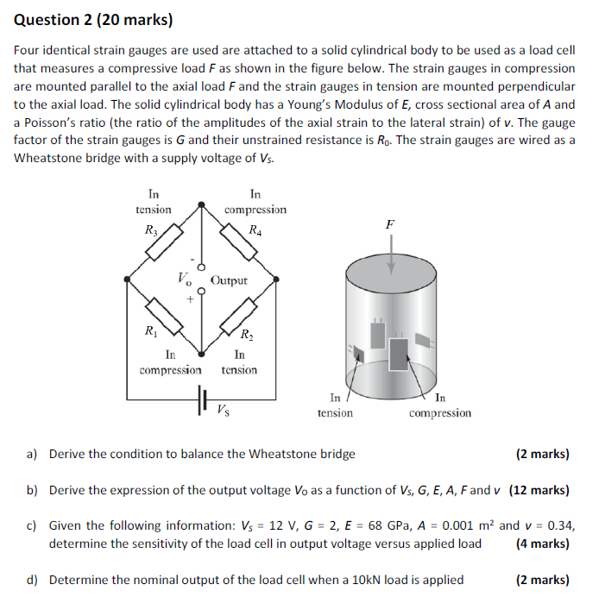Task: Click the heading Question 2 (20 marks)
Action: coord(93,18)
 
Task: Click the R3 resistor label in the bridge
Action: coord(152,229)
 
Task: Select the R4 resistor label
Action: coord(255,229)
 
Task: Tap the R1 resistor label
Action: coord(151,330)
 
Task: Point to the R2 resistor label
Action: coord(247,336)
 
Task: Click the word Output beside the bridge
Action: coord(229,280)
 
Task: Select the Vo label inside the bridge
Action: coord(185,279)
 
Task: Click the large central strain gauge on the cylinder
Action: coord(399,352)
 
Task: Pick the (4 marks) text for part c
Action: coord(542,544)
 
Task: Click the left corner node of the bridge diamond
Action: coord(129,280)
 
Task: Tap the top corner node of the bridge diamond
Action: coord(203,205)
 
